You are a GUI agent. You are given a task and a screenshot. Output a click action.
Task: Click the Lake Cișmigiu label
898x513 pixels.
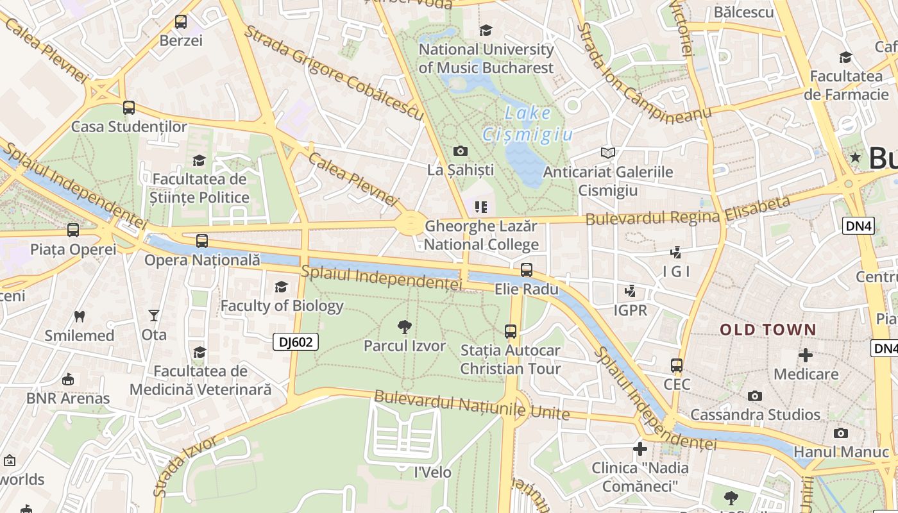point(527,124)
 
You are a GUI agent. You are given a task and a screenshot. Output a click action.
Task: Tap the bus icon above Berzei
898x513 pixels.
point(181,22)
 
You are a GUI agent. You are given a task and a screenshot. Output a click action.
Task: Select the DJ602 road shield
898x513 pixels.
point(296,342)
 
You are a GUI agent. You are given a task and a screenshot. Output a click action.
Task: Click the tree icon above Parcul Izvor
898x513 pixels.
point(404,327)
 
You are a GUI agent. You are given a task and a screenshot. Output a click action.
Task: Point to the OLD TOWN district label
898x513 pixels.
point(768,330)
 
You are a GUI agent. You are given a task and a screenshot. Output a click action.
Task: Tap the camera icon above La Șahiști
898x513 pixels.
point(460,151)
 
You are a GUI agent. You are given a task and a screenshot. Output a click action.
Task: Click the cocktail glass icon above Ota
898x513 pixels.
point(154,315)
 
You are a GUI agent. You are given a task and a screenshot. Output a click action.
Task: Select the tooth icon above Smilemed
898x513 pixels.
point(80,316)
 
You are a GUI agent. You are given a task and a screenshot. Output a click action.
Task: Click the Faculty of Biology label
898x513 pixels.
point(282,306)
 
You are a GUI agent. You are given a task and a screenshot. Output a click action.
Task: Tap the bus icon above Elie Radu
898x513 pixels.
point(527,270)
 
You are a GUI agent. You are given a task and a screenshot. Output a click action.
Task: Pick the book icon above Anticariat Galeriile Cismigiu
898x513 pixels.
point(607,153)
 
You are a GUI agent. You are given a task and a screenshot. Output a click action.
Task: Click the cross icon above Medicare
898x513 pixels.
point(806,355)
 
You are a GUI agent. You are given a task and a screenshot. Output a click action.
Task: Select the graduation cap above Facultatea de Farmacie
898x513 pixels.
point(845,57)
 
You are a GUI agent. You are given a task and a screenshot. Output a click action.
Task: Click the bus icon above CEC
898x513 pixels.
point(677,366)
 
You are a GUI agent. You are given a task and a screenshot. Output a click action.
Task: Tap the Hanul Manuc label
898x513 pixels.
point(841,451)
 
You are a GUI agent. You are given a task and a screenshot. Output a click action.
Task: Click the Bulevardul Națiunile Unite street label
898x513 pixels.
point(471,404)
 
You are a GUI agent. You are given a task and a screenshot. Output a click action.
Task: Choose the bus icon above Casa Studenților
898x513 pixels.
point(129,108)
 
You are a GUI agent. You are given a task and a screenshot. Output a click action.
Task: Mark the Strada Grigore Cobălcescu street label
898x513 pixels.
point(334,72)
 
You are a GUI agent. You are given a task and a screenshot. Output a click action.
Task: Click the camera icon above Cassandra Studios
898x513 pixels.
point(755,396)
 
